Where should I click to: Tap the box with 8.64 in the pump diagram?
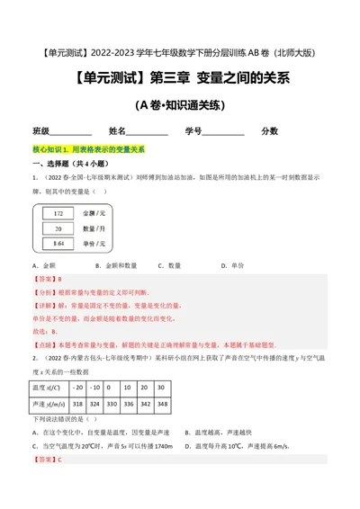coord(58,243)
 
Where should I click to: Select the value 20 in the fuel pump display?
coord(58,228)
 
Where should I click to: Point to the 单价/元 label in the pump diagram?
coord(94,243)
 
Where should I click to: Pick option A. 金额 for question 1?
coord(41,266)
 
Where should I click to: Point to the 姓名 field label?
coord(120,130)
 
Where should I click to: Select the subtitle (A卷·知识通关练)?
coord(180,105)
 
